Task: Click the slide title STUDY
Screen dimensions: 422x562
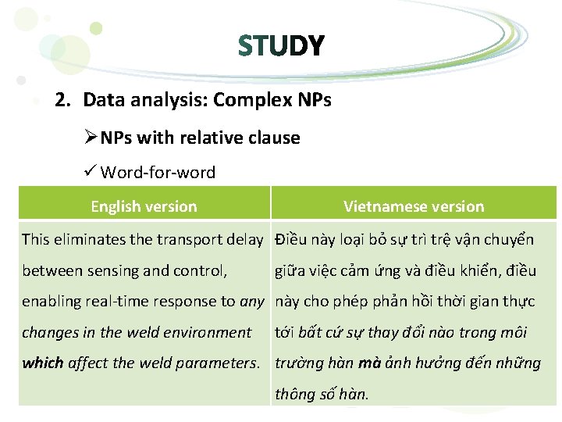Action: tap(281, 47)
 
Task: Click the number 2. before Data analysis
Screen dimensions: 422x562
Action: tap(64, 100)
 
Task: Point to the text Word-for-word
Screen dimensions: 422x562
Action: tap(158, 172)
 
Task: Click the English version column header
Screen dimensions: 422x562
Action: tap(144, 206)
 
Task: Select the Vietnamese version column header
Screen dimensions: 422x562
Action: tap(414, 206)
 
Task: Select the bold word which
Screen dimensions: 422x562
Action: tap(43, 363)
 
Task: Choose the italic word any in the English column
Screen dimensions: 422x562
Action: tap(252, 302)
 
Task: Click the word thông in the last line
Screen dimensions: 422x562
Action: tap(294, 394)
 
